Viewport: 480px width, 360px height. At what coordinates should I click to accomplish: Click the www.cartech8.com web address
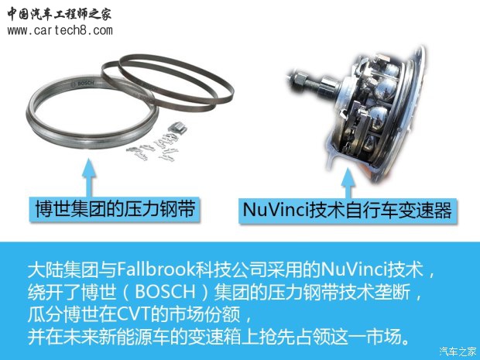(x=60, y=30)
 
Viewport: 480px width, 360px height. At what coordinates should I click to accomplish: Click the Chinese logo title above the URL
(x=60, y=13)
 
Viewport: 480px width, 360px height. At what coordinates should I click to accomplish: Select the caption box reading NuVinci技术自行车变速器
(x=346, y=210)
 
